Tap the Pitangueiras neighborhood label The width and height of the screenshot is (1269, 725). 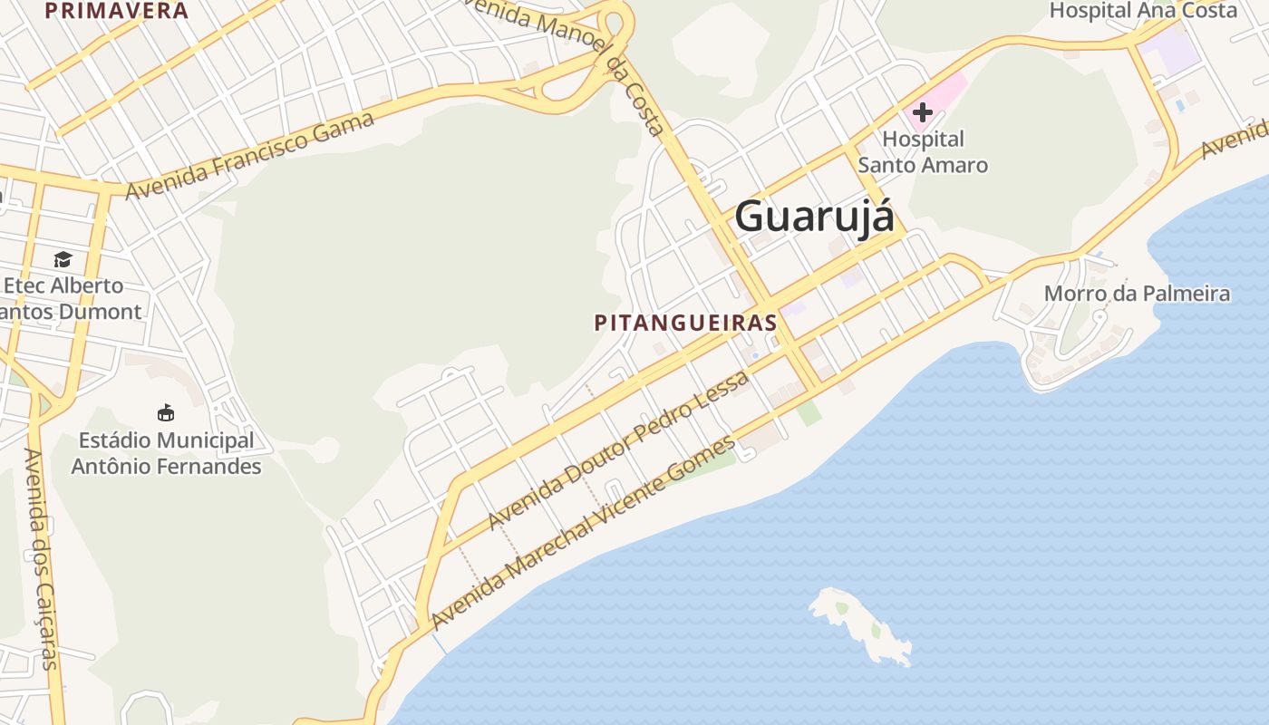pos(686,323)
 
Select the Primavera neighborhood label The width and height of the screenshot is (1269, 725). pos(116,11)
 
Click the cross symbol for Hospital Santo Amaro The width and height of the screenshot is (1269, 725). pos(923,112)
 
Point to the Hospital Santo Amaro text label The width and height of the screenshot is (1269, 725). pos(923,152)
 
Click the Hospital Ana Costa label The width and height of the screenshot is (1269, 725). pos(1143,11)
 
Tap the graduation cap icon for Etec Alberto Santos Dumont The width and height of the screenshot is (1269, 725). pos(63,260)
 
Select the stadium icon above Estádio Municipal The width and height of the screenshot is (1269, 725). pos(165,413)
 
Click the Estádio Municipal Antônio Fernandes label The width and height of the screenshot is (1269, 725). pos(166,453)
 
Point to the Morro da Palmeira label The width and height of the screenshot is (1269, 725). pos(1137,294)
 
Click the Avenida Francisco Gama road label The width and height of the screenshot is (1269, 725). pos(249,156)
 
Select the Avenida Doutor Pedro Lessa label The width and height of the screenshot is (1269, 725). pos(618,450)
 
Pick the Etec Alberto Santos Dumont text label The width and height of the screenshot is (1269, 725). pos(68,298)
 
